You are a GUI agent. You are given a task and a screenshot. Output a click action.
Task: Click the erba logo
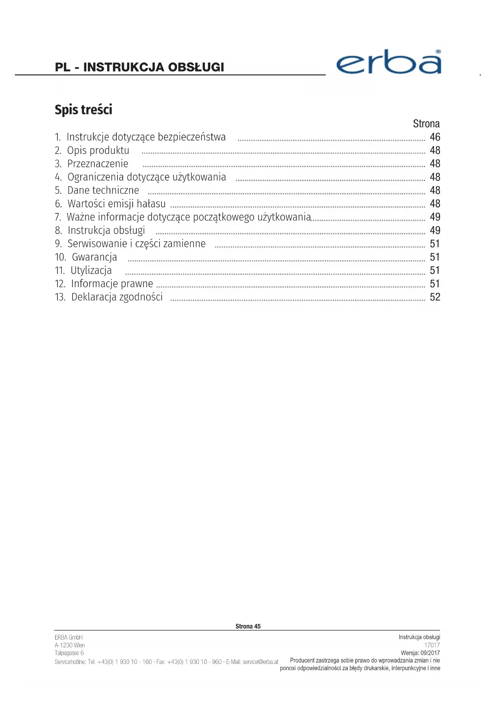tap(388, 63)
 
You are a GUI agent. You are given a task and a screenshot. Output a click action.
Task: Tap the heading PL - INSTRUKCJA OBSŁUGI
tap(139, 67)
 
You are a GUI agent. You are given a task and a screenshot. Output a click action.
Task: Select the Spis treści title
tap(84, 110)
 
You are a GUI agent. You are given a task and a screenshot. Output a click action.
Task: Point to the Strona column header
tap(426, 124)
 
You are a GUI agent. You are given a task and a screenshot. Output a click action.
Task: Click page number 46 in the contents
tap(434, 137)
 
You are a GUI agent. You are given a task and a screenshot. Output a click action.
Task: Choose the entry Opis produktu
tap(98, 150)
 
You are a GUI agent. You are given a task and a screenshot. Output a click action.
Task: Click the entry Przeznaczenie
tap(98, 164)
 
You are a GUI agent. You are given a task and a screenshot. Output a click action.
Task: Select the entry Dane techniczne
tap(103, 190)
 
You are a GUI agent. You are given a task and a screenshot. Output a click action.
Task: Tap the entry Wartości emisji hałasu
tap(116, 204)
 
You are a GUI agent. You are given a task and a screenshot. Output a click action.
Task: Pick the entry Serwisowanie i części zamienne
tap(136, 244)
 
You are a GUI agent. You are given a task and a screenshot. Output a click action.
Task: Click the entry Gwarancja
tap(94, 257)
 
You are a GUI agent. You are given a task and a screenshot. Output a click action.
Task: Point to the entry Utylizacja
tap(91, 271)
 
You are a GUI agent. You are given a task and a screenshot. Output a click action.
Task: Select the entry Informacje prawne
tap(112, 284)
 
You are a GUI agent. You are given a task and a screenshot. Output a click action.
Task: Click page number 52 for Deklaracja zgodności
tap(434, 297)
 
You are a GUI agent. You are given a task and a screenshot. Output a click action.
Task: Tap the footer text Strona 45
tap(248, 626)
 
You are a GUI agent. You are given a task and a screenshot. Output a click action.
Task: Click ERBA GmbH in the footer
tap(69, 637)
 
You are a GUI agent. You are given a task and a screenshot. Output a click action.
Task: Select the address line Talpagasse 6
tap(69, 653)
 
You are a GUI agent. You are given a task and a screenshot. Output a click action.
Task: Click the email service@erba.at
tap(260, 662)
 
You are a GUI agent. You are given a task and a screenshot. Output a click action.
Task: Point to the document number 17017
tap(432, 645)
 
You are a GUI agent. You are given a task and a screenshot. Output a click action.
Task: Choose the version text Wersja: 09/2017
tap(420, 653)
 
